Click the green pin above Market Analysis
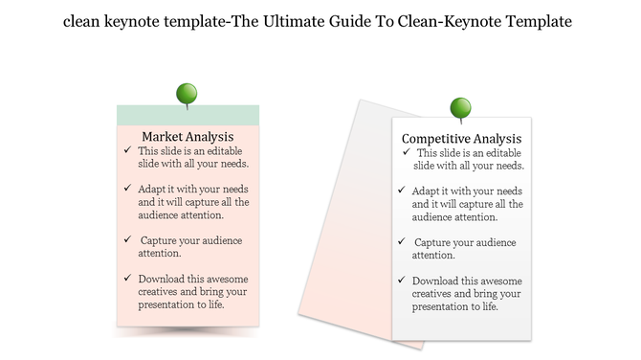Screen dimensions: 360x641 tap(187, 93)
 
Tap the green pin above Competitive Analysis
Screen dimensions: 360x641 tap(460, 106)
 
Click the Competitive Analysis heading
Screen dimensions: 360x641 tap(461, 139)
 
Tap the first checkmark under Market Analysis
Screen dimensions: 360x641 tap(128, 151)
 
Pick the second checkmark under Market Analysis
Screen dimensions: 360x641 tap(128, 189)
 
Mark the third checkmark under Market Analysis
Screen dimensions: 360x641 tap(128, 239)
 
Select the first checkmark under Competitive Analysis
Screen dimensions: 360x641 tap(407, 152)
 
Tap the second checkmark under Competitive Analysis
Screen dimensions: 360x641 tap(403, 191)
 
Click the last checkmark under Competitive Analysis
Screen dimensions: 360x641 tap(403, 281)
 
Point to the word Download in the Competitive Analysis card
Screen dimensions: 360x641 tap(440, 281)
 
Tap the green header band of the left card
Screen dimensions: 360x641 tap(187, 115)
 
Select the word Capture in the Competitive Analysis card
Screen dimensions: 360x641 tap(436, 242)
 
